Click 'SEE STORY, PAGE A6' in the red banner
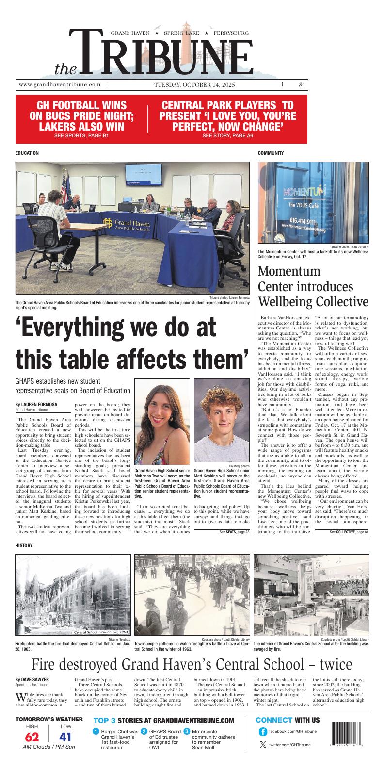click(x=227, y=136)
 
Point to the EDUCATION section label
click(x=27, y=153)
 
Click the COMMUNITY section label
click(x=271, y=153)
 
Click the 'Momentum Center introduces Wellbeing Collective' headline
click(x=313, y=286)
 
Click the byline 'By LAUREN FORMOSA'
click(x=36, y=404)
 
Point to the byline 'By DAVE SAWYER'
click(x=32, y=679)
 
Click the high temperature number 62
click(x=32, y=738)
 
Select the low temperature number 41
click(x=65, y=738)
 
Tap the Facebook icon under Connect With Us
click(x=263, y=731)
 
